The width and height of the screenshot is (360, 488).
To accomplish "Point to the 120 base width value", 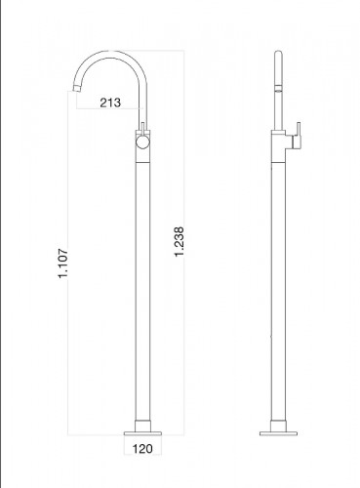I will coord(142,451).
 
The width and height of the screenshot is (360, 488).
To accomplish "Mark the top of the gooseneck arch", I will coord(108,53).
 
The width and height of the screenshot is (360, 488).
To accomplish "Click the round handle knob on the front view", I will coord(142,144).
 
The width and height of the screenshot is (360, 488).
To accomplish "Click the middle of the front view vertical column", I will coord(142,283).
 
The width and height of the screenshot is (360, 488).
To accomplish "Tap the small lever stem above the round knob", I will coord(142,131).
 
